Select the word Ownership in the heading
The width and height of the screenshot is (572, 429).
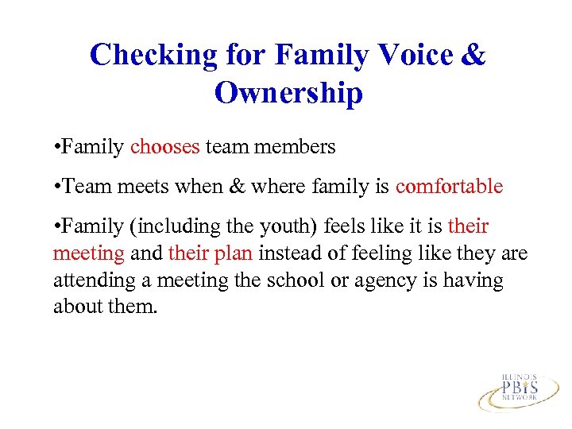tap(288, 94)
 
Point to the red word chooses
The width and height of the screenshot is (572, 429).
tap(164, 147)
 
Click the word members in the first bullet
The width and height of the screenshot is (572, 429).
tap(297, 147)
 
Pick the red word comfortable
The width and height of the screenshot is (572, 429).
tap(449, 187)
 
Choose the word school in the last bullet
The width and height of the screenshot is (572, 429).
tap(293, 280)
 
